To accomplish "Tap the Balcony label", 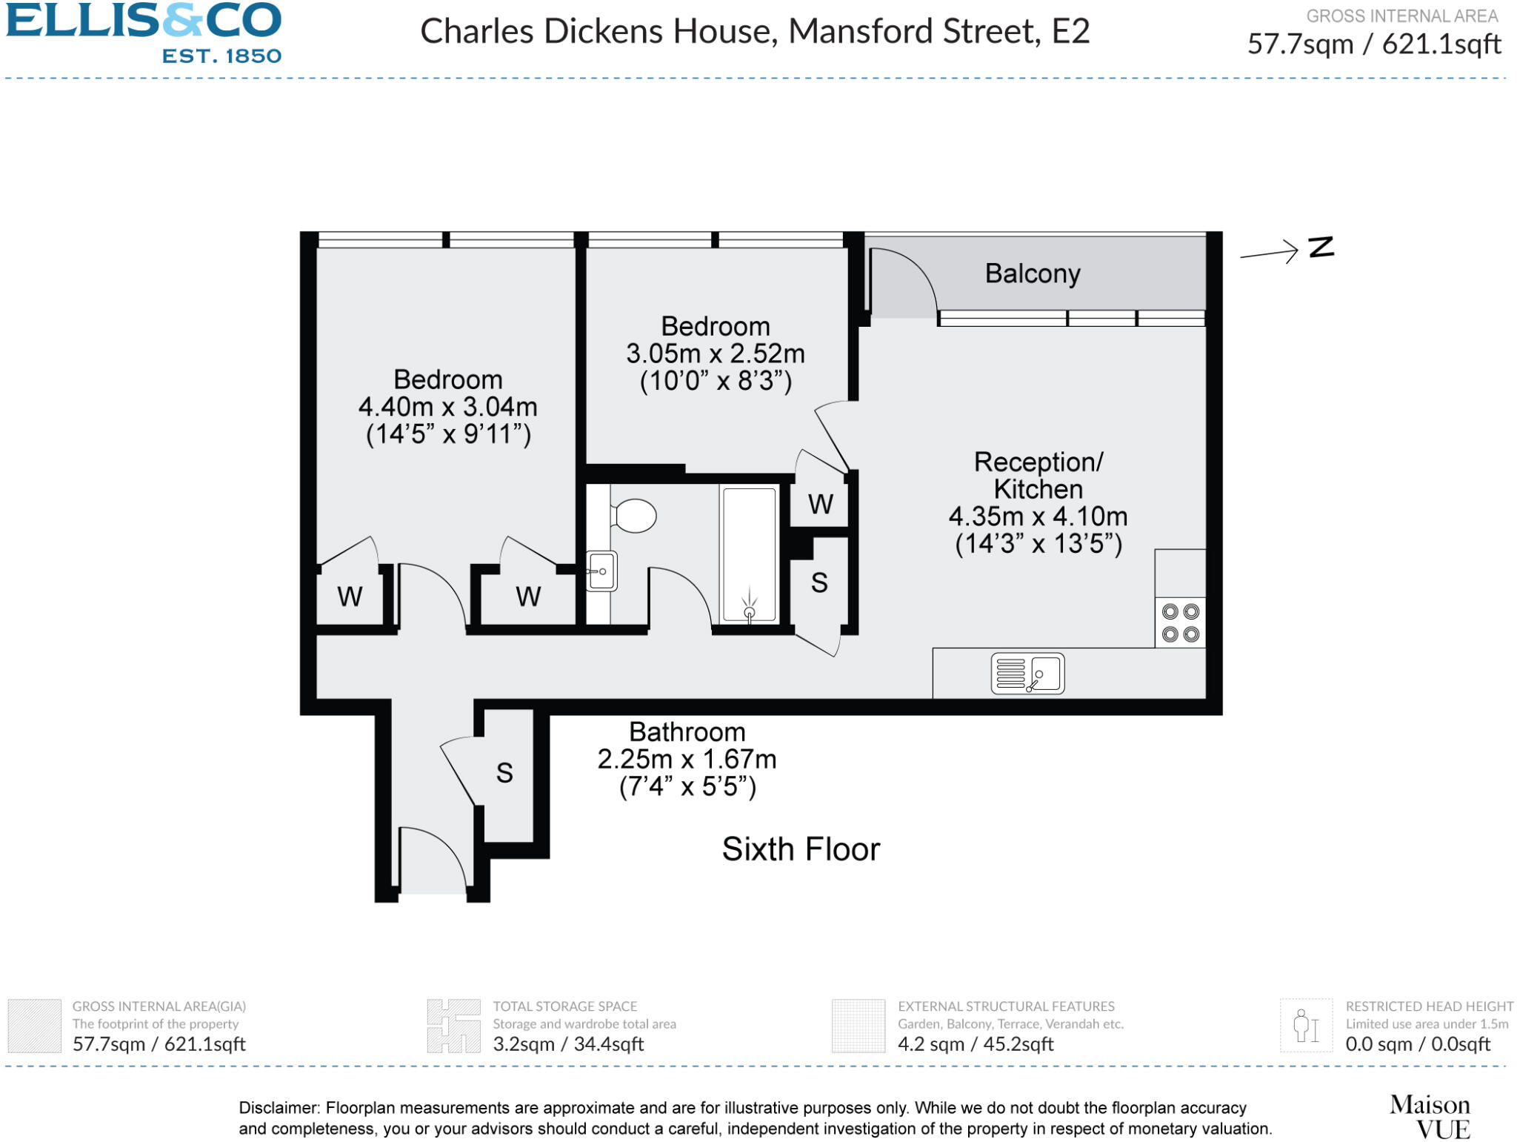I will (x=1032, y=273).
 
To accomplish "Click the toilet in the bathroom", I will (x=633, y=515).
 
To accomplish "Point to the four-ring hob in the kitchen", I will (x=1180, y=623).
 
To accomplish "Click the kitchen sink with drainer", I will (x=1027, y=673).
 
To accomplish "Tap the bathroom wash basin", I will (x=601, y=571).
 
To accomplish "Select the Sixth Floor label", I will (x=801, y=849).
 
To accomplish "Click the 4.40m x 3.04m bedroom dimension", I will (x=447, y=407).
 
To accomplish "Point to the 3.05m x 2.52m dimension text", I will (x=715, y=353).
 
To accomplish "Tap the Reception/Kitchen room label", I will (x=1038, y=475).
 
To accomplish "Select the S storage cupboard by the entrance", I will (x=504, y=773).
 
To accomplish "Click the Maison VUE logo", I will (x=1430, y=1117).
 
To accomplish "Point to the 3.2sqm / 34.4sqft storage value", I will (x=568, y=1044).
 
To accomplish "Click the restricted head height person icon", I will (x=1305, y=1026).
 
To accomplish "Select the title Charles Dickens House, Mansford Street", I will (x=754, y=31).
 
